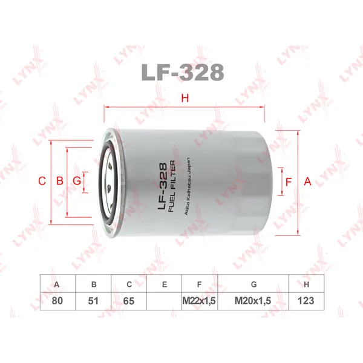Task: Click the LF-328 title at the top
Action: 181,73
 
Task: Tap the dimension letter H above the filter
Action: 186,98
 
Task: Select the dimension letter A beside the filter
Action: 307,181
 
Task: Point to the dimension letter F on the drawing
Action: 289,181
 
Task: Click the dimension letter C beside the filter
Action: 41,181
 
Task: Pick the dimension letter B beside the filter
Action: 59,181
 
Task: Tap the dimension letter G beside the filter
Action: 76,181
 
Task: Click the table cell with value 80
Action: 57,300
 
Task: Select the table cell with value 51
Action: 93,300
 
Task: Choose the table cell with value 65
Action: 129,300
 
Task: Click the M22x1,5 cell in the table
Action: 200,300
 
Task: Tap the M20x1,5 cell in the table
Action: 253,300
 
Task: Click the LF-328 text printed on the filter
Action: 162,181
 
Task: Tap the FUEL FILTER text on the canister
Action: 172,181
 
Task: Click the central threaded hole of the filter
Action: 110,181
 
